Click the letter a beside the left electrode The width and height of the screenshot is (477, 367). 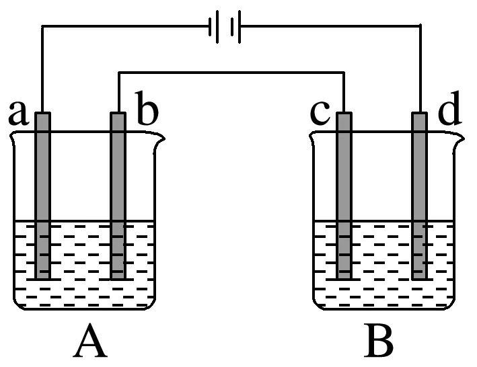click(18, 114)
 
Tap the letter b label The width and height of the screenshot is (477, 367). click(147, 112)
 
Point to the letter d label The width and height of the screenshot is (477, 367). click(449, 112)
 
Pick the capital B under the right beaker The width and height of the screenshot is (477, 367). click(379, 343)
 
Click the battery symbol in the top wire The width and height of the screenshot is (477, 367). click(225, 28)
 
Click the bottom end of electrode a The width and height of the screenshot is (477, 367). click(42, 276)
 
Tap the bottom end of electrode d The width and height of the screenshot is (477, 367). click(420, 276)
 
